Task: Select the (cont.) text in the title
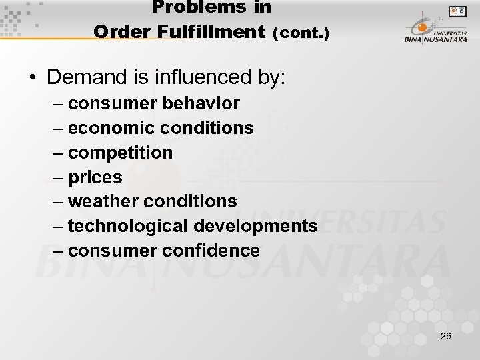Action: pyautogui.click(x=301, y=32)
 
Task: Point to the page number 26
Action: pyautogui.click(x=446, y=336)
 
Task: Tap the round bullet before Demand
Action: pyautogui.click(x=33, y=79)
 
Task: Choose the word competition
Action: pyautogui.click(x=121, y=153)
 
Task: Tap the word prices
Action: pyautogui.click(x=95, y=177)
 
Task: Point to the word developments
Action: pyautogui.click(x=255, y=226)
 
